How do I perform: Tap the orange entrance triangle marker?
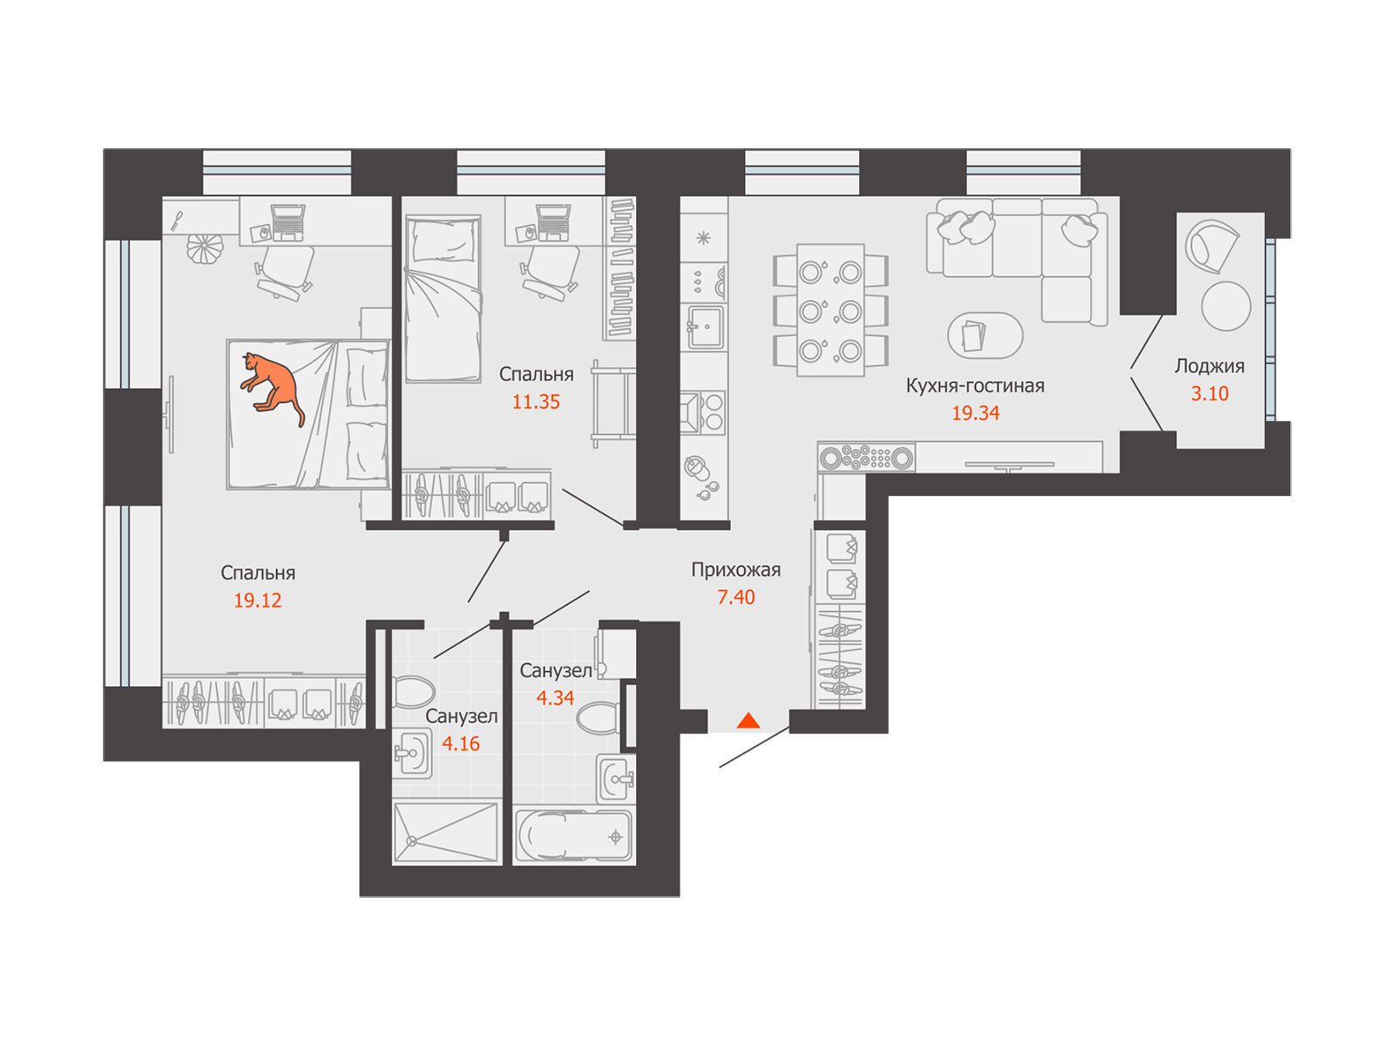tap(748, 720)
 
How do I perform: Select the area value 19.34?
tap(975, 413)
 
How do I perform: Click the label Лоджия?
tap(1208, 366)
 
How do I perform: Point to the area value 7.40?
tap(735, 597)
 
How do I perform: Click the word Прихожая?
tap(735, 570)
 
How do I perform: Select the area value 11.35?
tap(535, 402)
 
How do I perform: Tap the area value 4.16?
tap(460, 743)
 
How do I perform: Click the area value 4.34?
tap(554, 697)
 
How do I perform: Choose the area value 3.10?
tap(1209, 394)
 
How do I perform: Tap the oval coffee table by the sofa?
tap(985, 335)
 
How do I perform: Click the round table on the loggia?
tap(1226, 306)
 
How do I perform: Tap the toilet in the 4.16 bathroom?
tap(412, 691)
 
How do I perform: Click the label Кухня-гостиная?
tap(974, 385)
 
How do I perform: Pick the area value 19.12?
tap(257, 601)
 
